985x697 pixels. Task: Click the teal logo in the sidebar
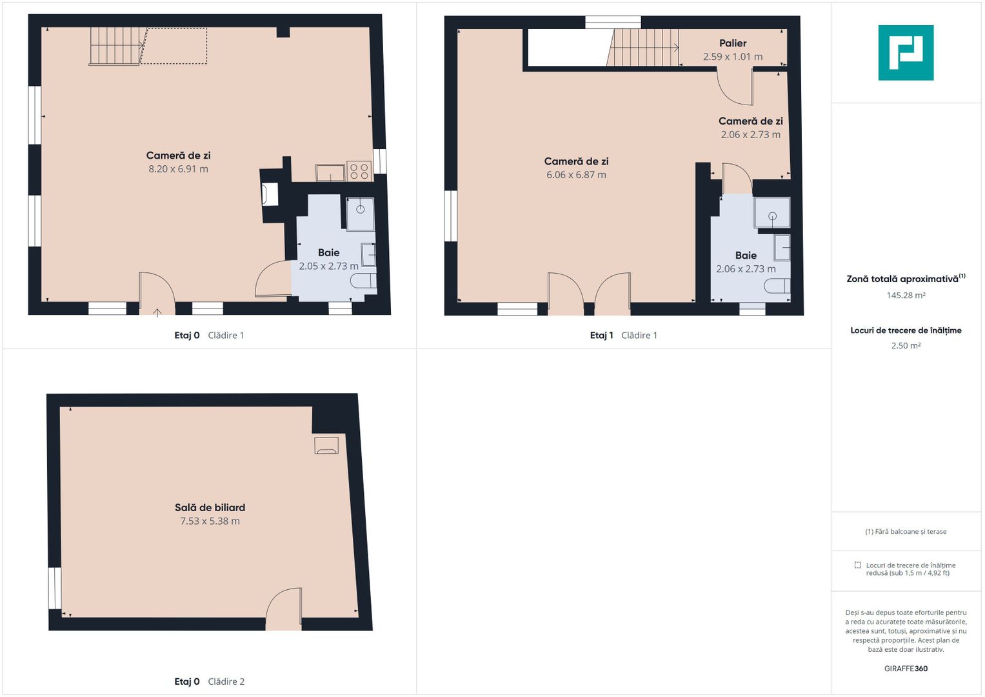pyautogui.click(x=906, y=53)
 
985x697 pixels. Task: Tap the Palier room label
pyautogui.click(x=733, y=43)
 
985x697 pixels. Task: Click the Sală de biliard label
pyautogui.click(x=210, y=507)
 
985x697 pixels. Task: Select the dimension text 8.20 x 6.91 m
pyautogui.click(x=178, y=169)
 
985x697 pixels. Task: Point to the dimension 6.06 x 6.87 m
pyautogui.click(x=576, y=175)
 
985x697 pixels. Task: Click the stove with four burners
pyautogui.click(x=359, y=171)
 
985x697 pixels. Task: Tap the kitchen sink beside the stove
pyautogui.click(x=330, y=172)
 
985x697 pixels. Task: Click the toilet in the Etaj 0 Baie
pyautogui.click(x=363, y=281)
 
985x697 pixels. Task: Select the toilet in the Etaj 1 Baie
pyautogui.click(x=777, y=286)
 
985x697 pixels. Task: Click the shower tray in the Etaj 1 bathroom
pyautogui.click(x=772, y=213)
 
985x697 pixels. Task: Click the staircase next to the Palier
pyautogui.click(x=643, y=48)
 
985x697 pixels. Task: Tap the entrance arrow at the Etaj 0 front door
pyautogui.click(x=157, y=312)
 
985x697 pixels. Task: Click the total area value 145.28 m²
pyautogui.click(x=906, y=296)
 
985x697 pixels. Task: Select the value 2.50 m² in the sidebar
pyautogui.click(x=906, y=345)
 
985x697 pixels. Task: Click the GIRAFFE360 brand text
pyautogui.click(x=906, y=669)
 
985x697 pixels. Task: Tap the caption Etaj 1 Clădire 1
pyautogui.click(x=624, y=336)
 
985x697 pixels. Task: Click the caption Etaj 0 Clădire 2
pyautogui.click(x=209, y=682)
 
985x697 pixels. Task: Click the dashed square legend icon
pyautogui.click(x=857, y=565)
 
